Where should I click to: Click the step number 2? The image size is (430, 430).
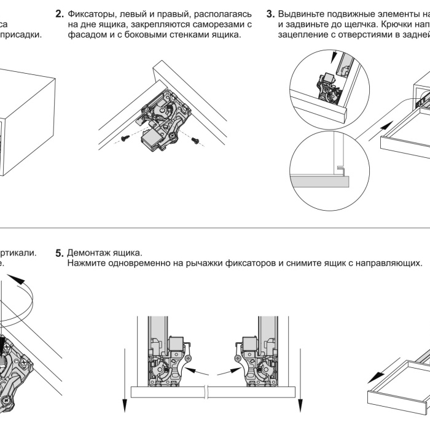60,14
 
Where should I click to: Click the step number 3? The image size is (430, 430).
270,14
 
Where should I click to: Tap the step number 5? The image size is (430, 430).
60,253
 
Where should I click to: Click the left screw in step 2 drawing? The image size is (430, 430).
124,138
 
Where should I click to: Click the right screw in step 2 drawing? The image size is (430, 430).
197,141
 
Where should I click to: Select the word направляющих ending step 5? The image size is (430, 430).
391,264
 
